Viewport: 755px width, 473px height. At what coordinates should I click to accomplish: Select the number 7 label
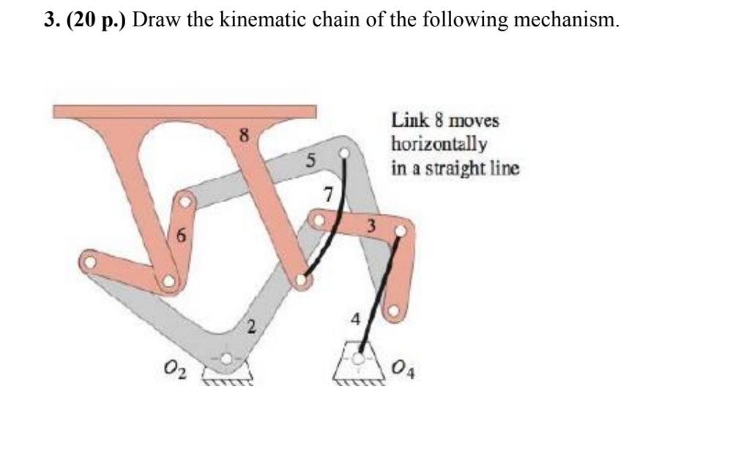(328, 195)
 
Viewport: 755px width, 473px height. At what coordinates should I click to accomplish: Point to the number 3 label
(371, 227)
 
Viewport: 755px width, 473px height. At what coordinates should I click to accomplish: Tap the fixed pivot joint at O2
(228, 359)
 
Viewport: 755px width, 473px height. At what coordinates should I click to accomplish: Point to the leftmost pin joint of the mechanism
(89, 258)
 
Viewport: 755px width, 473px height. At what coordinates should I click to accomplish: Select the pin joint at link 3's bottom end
(394, 311)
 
